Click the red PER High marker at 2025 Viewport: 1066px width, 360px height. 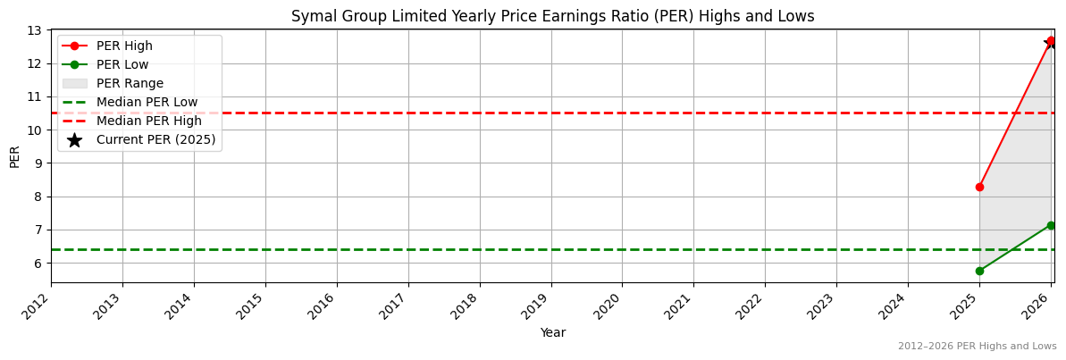pos(979,187)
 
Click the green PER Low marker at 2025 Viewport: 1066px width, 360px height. pos(979,271)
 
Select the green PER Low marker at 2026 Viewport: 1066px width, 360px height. pos(1051,225)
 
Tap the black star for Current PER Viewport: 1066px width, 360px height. pos(1051,42)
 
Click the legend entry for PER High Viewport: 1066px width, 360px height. pos(124,46)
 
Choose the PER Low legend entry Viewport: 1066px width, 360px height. pos(122,65)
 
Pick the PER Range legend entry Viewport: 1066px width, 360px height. pos(130,84)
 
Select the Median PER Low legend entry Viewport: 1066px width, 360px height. pos(147,103)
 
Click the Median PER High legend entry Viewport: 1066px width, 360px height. pos(148,121)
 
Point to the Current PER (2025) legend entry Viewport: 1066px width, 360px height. pos(155,140)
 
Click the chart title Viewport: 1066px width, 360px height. pos(552,16)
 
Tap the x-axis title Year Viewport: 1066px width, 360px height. pos(552,332)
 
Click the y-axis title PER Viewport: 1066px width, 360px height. pos(14,156)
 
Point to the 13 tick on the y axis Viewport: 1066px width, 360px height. pos(35,30)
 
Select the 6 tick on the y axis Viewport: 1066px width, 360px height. pos(38,264)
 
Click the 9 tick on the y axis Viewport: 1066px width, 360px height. pos(38,163)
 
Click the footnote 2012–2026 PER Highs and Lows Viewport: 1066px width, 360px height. pos(977,347)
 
